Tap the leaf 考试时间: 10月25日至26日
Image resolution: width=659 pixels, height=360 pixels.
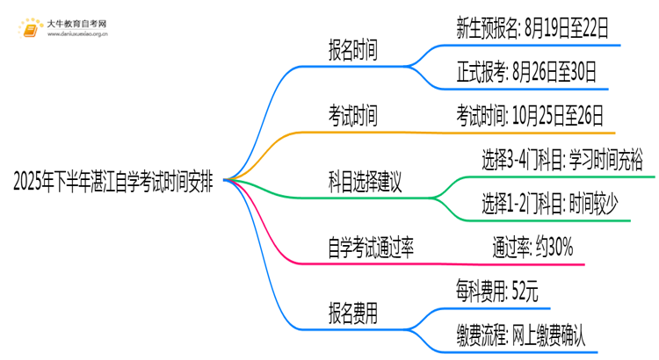point(529,116)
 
